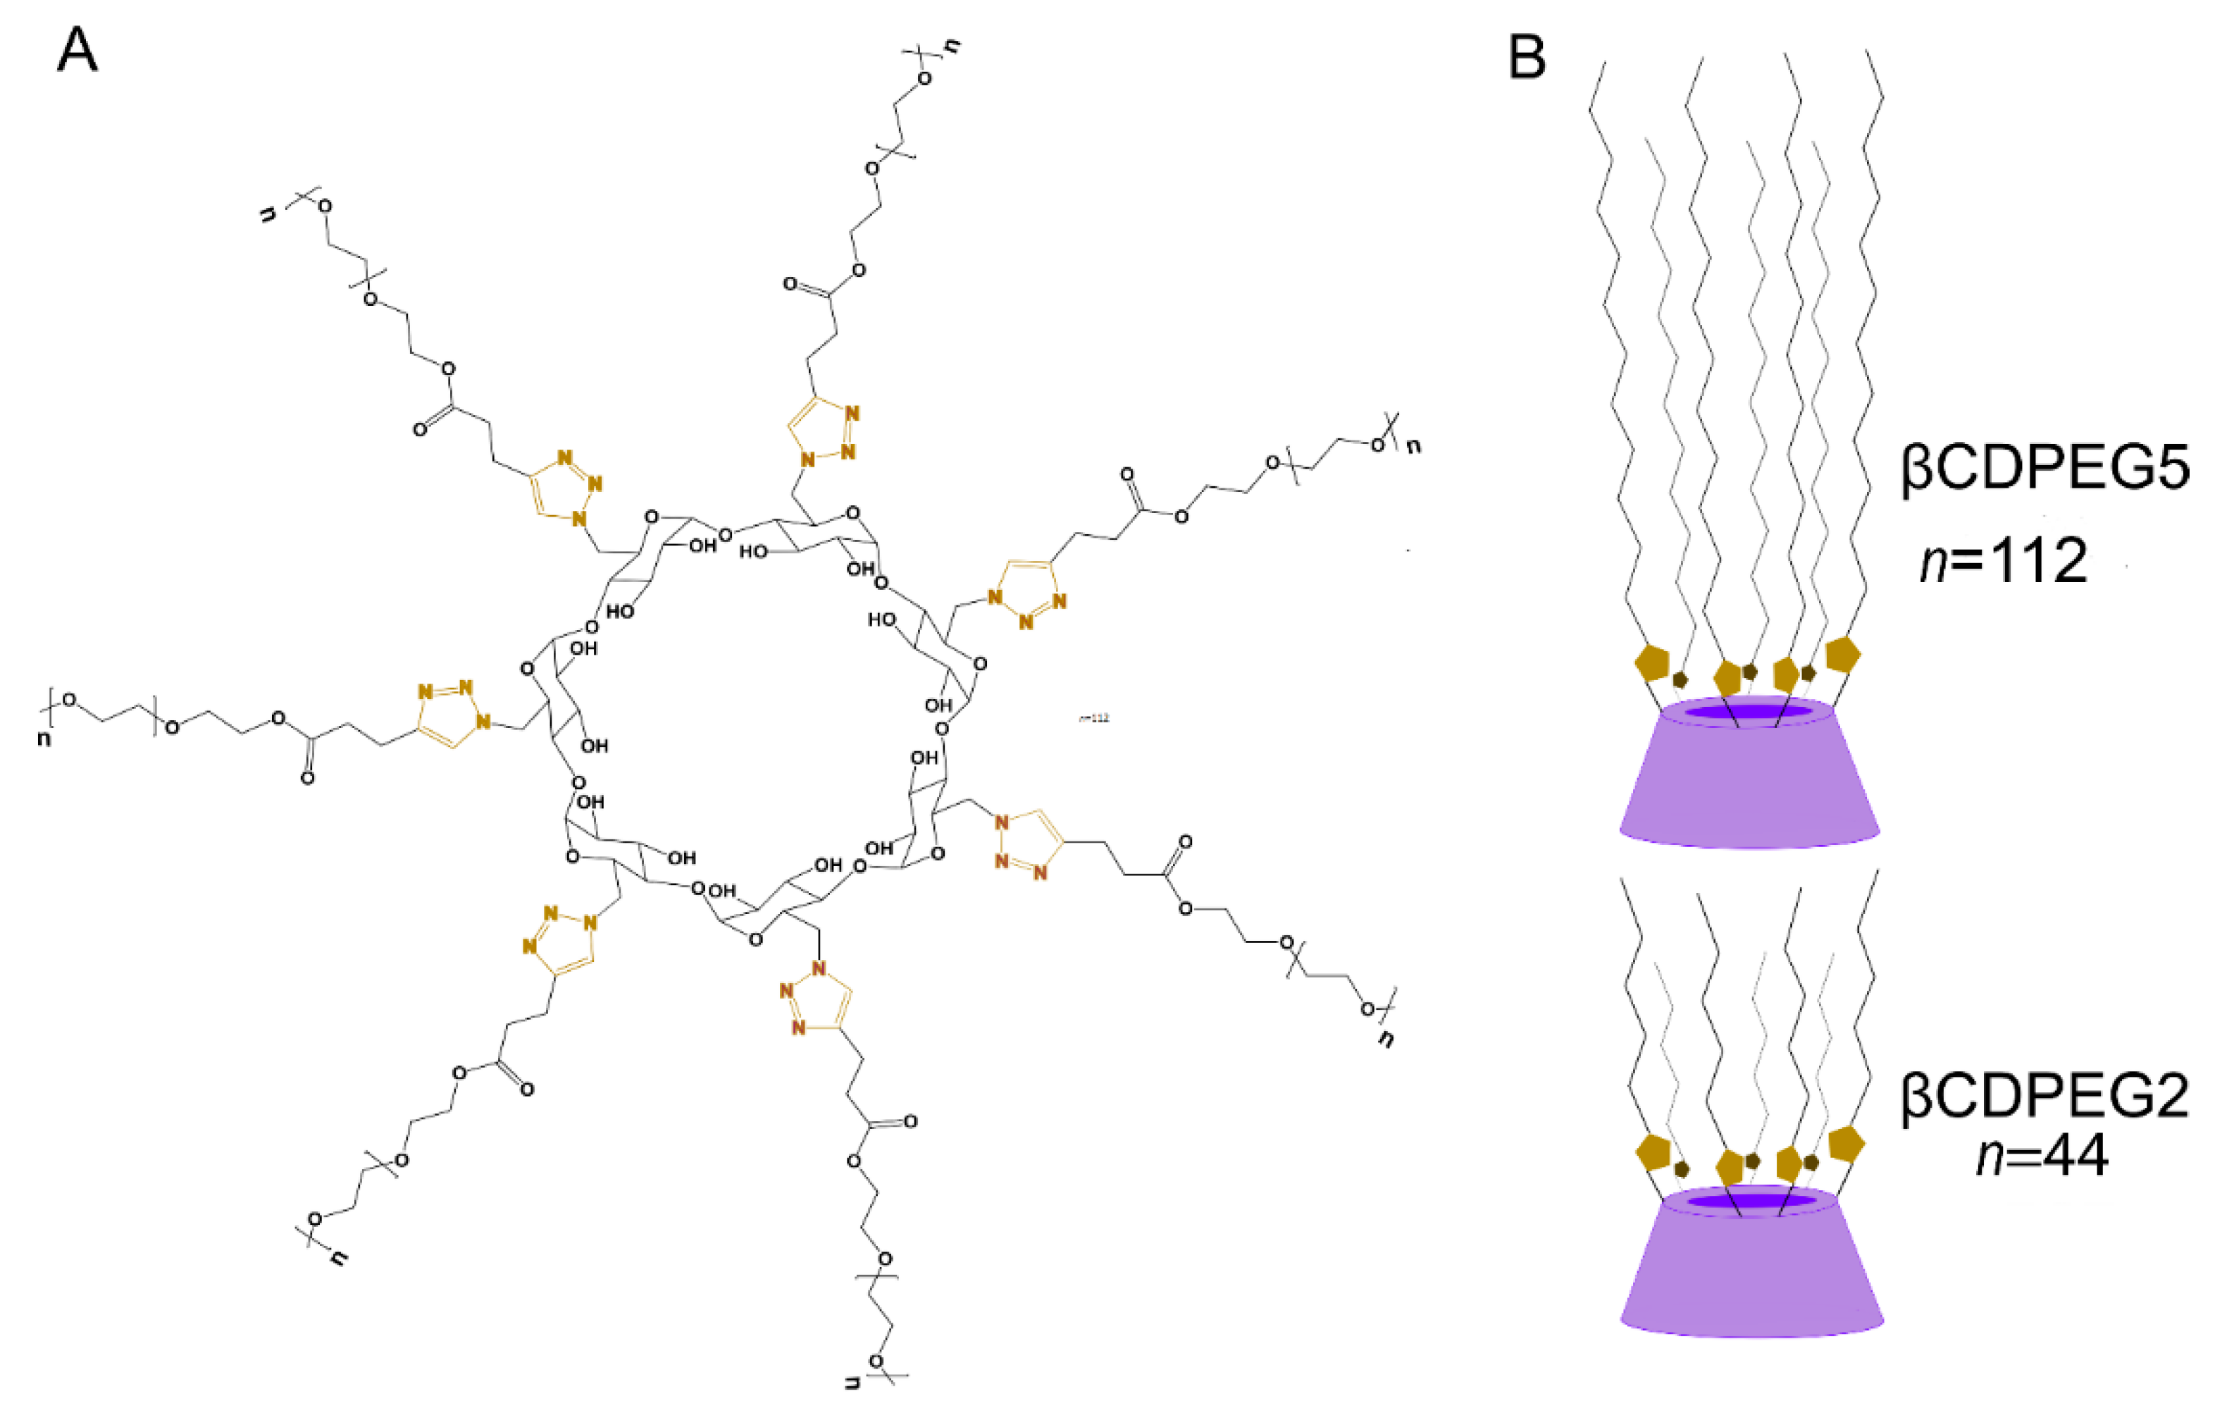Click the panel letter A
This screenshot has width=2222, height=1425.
tap(77, 50)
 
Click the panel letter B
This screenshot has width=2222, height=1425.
tap(1527, 57)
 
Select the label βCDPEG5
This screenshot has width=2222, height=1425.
tap(2044, 469)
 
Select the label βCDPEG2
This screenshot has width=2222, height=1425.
tap(2044, 1099)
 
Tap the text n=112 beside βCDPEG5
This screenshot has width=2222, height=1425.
tap(2003, 562)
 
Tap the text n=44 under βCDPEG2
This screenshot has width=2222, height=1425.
tap(2042, 1156)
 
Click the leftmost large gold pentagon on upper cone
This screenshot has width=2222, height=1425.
tap(1652, 663)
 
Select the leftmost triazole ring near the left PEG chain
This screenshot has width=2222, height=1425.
tap(450, 713)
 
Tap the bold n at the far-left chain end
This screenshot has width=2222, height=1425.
tap(44, 740)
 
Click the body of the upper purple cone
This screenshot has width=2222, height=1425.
tap(1749, 786)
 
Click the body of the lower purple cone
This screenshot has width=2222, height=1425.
tap(1752, 1277)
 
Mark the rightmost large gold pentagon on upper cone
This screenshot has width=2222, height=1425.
tap(1843, 654)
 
